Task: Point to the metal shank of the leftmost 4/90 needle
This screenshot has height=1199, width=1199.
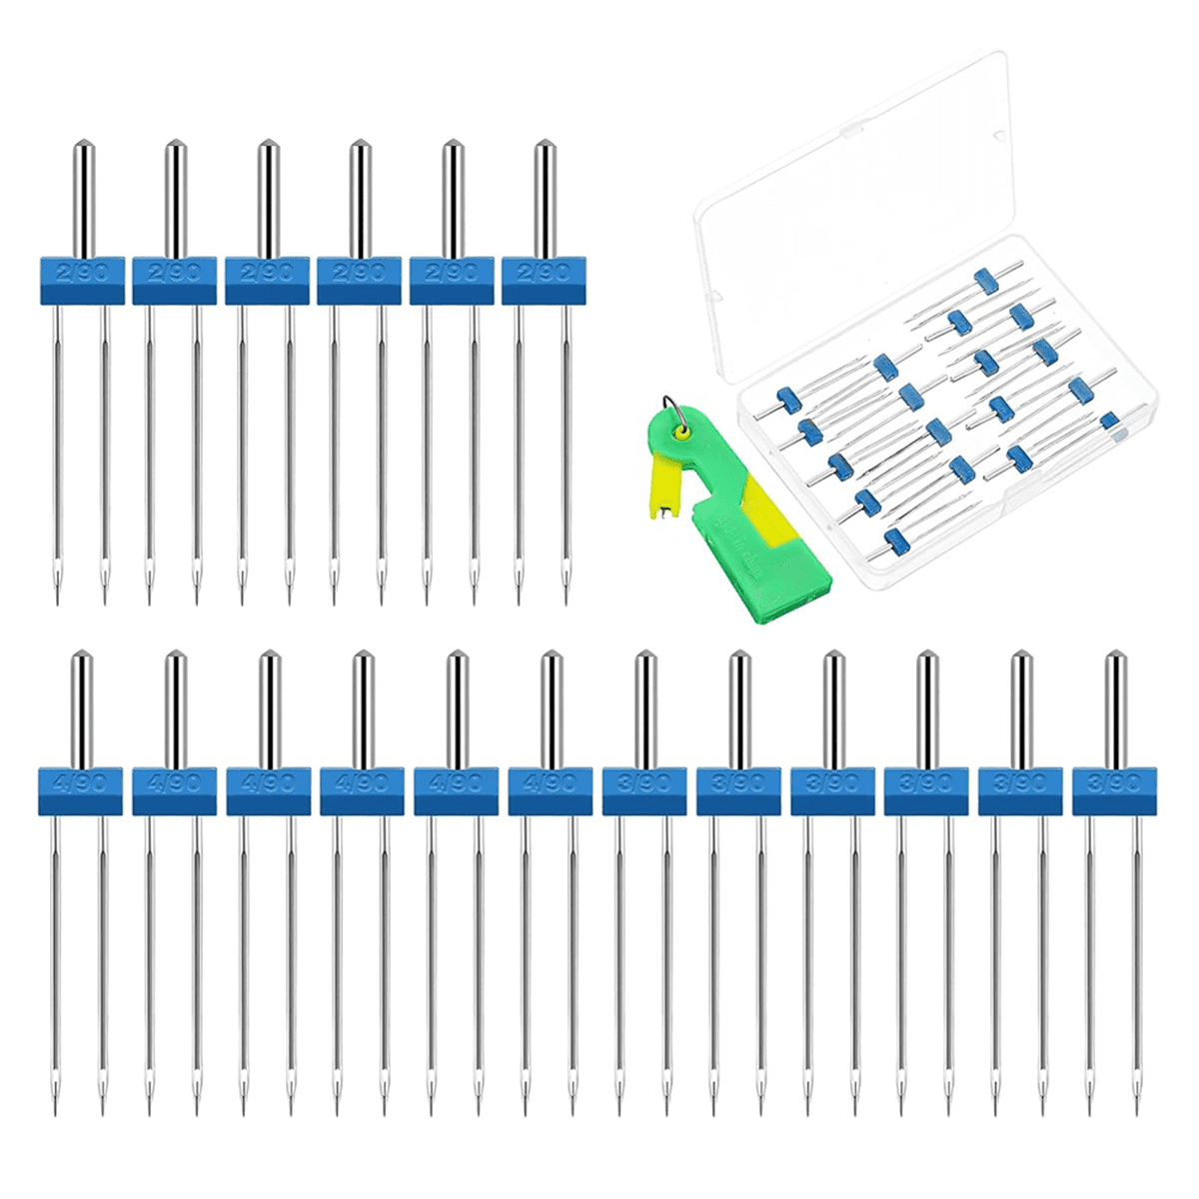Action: pos(81,709)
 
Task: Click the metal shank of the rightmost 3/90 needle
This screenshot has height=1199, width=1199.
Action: pos(1114,709)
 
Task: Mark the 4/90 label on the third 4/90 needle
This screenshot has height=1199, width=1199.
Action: pos(269,782)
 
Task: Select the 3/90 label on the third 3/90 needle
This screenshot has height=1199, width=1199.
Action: pos(832,782)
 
